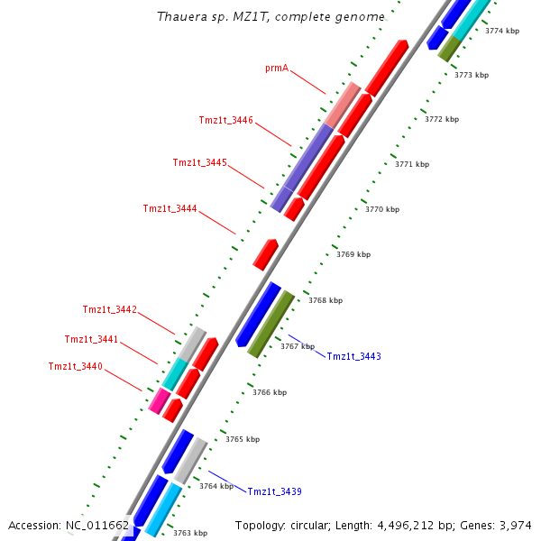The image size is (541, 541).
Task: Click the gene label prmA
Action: tap(277, 69)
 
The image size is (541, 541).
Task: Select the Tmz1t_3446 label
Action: tap(225, 121)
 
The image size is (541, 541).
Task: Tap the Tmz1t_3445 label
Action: tap(199, 163)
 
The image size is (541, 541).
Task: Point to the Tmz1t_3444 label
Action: tap(170, 209)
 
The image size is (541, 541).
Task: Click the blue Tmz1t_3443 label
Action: tap(353, 357)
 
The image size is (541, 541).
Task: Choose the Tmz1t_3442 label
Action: tap(110, 310)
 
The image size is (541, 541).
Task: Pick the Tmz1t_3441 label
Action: tap(91, 340)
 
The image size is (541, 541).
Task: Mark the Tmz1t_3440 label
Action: tap(76, 367)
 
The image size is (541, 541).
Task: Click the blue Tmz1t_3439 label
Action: tap(274, 492)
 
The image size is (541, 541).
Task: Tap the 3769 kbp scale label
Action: tap(353, 255)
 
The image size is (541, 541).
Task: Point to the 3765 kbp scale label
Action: tap(243, 440)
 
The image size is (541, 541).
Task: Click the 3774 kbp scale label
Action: tap(502, 32)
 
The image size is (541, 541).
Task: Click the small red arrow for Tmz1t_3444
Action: tap(265, 254)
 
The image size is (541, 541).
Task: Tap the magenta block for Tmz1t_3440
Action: tap(160, 399)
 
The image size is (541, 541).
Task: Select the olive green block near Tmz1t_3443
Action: tap(270, 323)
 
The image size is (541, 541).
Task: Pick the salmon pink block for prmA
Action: tap(343, 105)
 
